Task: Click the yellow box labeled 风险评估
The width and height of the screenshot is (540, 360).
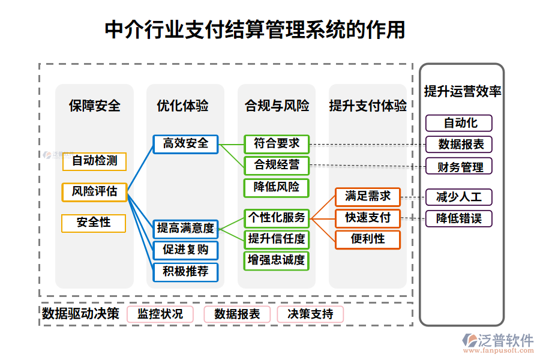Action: tap(94, 192)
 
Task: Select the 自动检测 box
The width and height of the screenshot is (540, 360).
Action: tap(94, 161)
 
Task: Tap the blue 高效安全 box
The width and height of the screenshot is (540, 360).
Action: tap(185, 143)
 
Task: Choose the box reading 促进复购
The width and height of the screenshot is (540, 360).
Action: tap(185, 250)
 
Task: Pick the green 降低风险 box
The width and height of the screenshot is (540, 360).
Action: tap(276, 187)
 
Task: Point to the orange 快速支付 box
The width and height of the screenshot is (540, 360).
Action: tap(367, 218)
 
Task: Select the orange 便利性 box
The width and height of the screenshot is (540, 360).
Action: tap(367, 239)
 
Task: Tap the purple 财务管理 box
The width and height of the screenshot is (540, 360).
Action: tap(459, 166)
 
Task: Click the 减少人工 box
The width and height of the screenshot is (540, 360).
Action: tap(459, 197)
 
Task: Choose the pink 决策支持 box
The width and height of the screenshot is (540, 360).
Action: tap(311, 314)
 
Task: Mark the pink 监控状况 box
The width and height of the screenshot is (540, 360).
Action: tap(160, 314)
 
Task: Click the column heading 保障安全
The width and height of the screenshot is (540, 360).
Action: tap(94, 106)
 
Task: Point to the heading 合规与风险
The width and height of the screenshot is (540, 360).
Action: tap(276, 106)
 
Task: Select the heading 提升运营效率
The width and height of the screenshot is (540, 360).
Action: tap(462, 91)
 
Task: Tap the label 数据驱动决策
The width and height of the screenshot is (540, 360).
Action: tap(80, 314)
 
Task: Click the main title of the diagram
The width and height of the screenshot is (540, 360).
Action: tap(254, 29)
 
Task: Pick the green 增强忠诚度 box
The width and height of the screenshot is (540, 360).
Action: tap(276, 260)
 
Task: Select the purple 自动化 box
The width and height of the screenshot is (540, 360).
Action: tap(459, 123)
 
